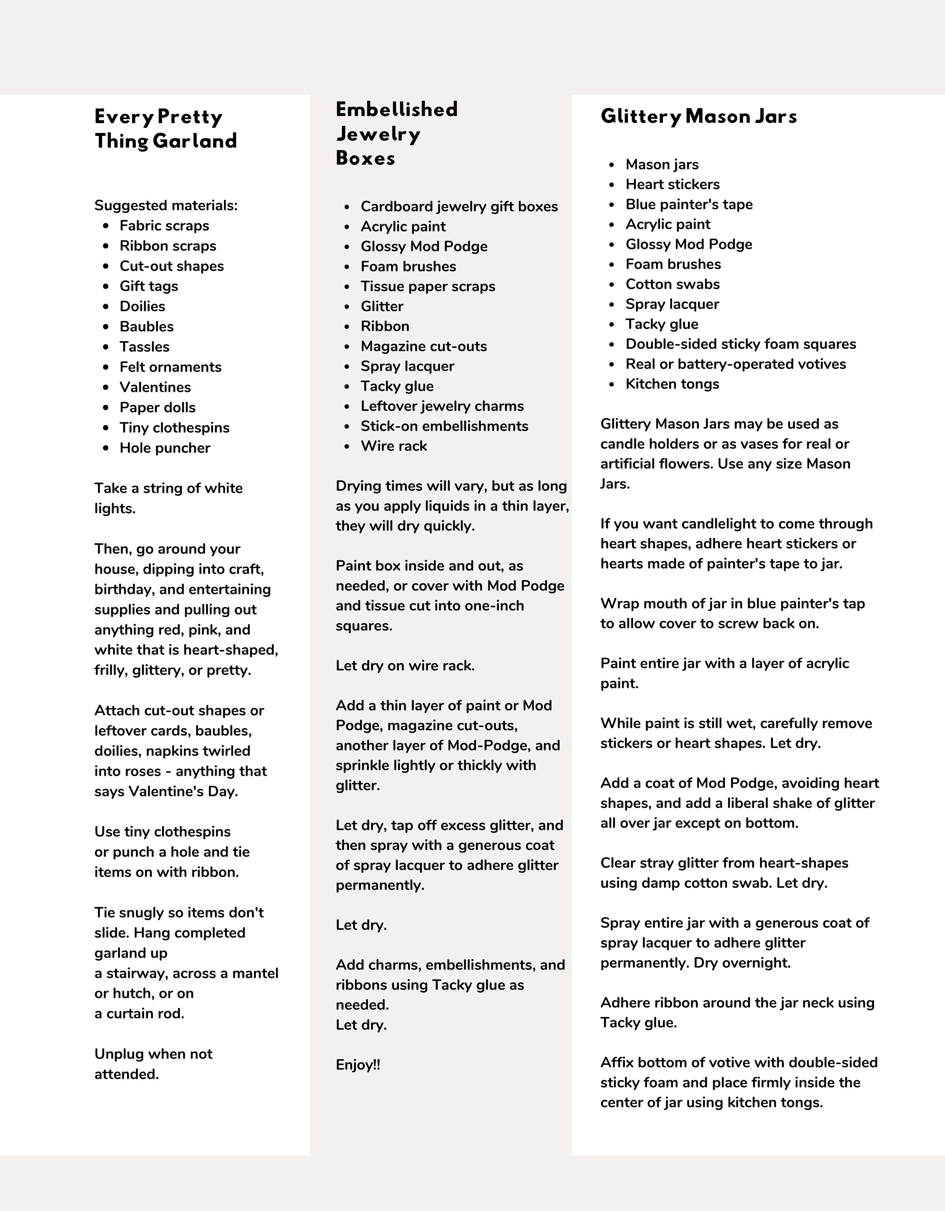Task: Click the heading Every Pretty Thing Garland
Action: pyautogui.click(x=165, y=129)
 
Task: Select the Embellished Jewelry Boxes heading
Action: pyautogui.click(x=396, y=134)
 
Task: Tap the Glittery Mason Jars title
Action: pyautogui.click(x=698, y=116)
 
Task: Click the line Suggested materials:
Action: pyautogui.click(x=166, y=206)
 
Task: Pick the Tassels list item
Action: pyautogui.click(x=144, y=347)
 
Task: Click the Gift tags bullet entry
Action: pyautogui.click(x=149, y=286)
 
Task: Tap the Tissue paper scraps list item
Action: pyautogui.click(x=428, y=286)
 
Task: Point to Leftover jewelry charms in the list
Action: pyautogui.click(x=442, y=406)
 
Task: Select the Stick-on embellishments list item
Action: pyautogui.click(x=444, y=426)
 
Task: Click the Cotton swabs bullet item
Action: pyautogui.click(x=672, y=284)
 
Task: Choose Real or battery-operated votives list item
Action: pyautogui.click(x=735, y=364)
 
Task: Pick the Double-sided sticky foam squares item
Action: pyautogui.click(x=740, y=344)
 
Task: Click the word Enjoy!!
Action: pyautogui.click(x=358, y=1064)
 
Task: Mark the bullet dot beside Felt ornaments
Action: pyautogui.click(x=106, y=367)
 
